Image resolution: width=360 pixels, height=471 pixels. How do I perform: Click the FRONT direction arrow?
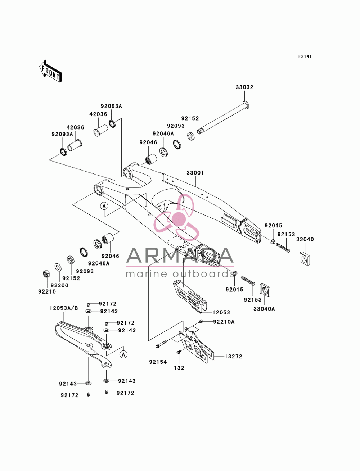50,71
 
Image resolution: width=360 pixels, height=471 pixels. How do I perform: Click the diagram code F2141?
305,56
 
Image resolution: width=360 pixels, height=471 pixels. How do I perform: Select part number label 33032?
244,87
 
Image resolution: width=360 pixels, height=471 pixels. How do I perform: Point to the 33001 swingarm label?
195,173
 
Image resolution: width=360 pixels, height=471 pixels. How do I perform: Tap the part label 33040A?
264,309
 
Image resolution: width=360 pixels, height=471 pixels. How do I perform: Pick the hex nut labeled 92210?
45,274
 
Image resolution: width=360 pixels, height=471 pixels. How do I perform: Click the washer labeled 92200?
58,267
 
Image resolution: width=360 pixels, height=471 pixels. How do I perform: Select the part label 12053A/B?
64,308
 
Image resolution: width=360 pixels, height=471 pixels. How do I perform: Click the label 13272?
234,357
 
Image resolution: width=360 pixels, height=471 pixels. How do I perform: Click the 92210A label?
224,322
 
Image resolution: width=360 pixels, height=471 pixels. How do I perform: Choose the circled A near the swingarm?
104,206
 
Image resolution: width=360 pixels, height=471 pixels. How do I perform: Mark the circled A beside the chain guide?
123,354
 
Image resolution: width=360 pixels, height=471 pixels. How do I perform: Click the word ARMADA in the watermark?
180,255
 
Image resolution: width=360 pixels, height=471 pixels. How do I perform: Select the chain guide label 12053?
221,312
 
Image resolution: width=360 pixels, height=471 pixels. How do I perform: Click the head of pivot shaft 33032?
246,104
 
